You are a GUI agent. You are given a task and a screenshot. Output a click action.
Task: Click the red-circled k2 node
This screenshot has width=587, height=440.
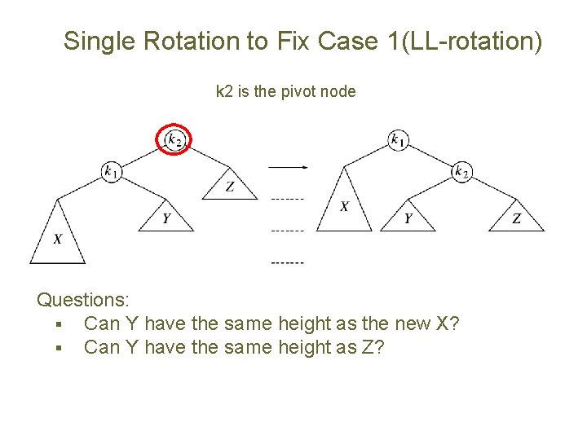click(x=174, y=139)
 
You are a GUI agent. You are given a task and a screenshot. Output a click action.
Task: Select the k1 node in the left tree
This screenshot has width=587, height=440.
click(x=112, y=171)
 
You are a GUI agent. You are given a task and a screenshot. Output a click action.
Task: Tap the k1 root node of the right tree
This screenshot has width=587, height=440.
click(x=398, y=140)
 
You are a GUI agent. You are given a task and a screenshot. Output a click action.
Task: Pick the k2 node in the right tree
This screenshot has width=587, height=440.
click(x=461, y=171)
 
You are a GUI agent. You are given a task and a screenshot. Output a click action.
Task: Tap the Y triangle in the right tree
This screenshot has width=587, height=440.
click(x=408, y=218)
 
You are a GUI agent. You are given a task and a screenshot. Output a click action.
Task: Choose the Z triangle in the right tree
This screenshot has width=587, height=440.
click(x=516, y=218)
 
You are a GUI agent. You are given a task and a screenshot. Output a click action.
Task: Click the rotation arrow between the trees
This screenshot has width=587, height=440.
click(x=287, y=167)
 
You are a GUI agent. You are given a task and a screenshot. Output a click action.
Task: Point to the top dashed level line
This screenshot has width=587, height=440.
click(x=287, y=199)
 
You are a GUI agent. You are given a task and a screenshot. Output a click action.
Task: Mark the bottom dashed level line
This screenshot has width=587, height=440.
click(x=287, y=263)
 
